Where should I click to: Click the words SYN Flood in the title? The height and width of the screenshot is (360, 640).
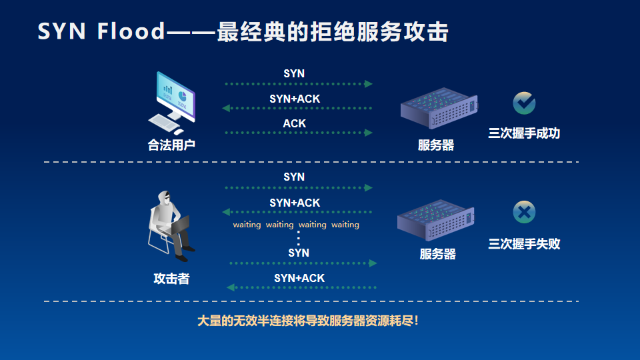click(101, 31)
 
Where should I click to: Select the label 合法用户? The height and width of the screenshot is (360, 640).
click(171, 145)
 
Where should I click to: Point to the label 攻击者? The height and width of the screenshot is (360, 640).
click(171, 279)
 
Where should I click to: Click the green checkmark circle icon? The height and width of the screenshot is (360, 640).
click(524, 103)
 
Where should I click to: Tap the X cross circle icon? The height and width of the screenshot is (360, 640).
click(524, 212)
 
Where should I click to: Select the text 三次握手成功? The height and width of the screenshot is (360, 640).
click(524, 133)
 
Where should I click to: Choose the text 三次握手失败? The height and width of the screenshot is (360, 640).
click(524, 244)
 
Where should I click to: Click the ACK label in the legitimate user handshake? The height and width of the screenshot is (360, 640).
click(294, 123)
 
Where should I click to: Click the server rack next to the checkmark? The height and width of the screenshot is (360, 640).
click(439, 108)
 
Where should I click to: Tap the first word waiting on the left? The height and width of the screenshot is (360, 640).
click(247, 225)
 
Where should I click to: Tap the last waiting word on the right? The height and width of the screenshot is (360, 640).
click(345, 225)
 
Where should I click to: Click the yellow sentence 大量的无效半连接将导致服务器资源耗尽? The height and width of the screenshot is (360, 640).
click(308, 321)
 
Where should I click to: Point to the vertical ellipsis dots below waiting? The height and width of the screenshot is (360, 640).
click(299, 238)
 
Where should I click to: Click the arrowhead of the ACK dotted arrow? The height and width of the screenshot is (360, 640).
click(369, 133)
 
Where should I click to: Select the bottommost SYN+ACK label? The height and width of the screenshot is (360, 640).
click(299, 279)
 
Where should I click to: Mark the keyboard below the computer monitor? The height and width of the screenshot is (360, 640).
click(164, 122)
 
